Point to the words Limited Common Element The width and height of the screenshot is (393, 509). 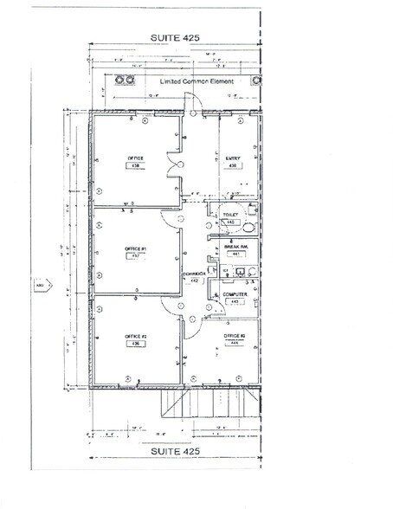click(x=181, y=81)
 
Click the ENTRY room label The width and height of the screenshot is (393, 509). click(x=233, y=158)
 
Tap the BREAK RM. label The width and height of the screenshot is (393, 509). click(x=232, y=246)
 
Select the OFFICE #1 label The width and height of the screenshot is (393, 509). click(x=134, y=249)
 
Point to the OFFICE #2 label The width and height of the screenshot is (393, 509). click(x=135, y=336)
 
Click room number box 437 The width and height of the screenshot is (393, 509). click(x=134, y=256)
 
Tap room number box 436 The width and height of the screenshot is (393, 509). click(x=135, y=344)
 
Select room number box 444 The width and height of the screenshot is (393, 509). click(x=234, y=343)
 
